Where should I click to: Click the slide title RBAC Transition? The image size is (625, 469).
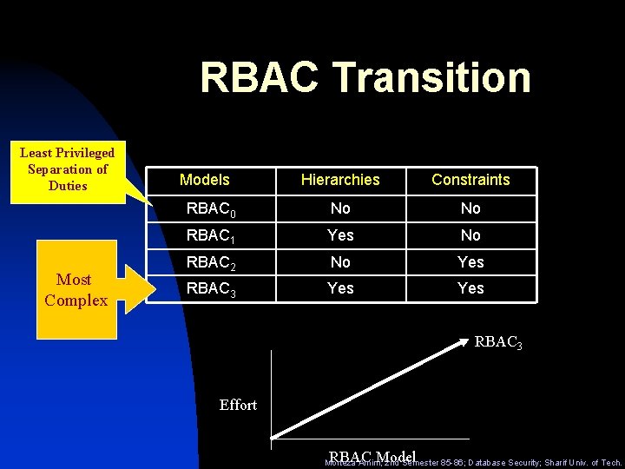(x=365, y=76)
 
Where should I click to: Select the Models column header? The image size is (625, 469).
(x=204, y=180)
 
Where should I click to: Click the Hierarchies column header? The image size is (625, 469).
(x=340, y=180)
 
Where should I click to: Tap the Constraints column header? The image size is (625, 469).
(x=470, y=180)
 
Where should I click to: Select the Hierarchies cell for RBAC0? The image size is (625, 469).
(x=340, y=208)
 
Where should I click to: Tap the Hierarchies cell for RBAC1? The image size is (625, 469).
(x=340, y=235)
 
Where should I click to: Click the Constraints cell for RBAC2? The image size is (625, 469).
(x=470, y=261)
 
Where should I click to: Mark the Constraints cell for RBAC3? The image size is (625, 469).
(x=470, y=288)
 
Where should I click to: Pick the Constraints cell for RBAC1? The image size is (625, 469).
(x=470, y=235)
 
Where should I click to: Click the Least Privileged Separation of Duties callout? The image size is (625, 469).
(x=68, y=169)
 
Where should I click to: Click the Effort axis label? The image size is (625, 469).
(x=238, y=405)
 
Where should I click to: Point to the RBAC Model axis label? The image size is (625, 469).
(x=372, y=457)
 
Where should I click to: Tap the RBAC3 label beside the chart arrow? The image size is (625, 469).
(x=498, y=343)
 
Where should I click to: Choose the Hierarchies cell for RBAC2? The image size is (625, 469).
(x=340, y=261)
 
